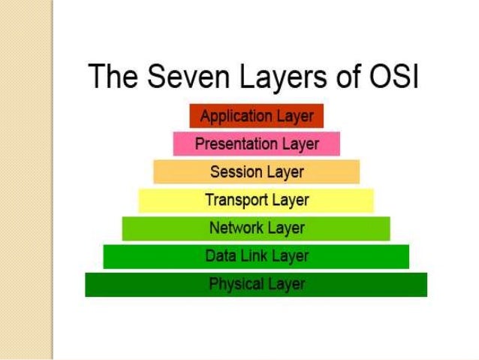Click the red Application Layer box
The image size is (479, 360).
tap(256, 116)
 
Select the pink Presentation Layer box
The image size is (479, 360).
tap(256, 144)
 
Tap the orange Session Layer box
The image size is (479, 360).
tap(256, 172)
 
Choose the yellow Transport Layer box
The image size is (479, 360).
tap(256, 201)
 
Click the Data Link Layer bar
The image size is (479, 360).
tap(256, 256)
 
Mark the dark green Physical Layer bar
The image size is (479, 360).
tap(256, 284)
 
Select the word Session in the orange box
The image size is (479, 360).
tap(235, 172)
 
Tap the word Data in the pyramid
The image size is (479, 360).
tap(220, 256)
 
